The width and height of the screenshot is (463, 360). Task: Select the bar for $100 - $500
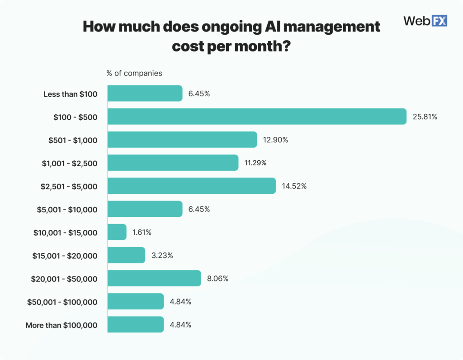[257, 117]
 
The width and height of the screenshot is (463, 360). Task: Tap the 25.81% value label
[425, 117]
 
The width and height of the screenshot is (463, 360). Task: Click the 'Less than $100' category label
[70, 94]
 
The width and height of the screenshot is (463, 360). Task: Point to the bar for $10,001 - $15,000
[117, 232]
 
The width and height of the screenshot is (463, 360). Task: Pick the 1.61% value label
[142, 233]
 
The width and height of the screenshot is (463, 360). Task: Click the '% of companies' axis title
[134, 73]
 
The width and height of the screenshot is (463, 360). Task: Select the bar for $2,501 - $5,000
[192, 186]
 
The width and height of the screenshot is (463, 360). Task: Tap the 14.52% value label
[294, 186]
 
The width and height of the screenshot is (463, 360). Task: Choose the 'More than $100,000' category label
[61, 325]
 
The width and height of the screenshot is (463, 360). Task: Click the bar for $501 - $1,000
[182, 140]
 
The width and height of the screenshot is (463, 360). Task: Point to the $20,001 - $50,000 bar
[154, 278]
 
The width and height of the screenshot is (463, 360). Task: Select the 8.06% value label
[217, 279]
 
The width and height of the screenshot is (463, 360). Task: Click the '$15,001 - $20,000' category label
[65, 256]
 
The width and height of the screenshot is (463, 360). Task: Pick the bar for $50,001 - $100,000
[136, 301]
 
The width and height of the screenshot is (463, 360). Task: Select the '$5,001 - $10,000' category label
[67, 209]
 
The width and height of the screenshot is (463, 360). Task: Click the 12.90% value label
[275, 140]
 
